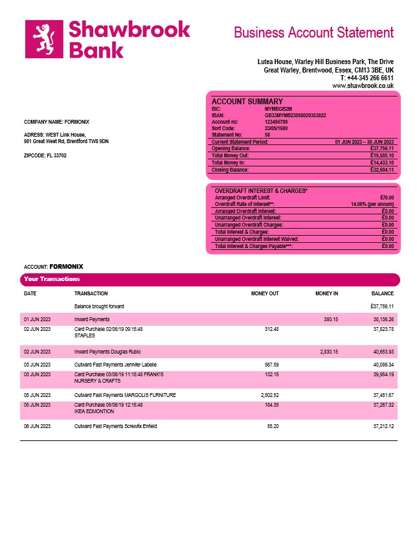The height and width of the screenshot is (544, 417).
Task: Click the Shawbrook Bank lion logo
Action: [43, 38]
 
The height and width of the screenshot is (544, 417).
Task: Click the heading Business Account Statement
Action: [313, 32]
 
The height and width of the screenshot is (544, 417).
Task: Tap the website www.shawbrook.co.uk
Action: [363, 85]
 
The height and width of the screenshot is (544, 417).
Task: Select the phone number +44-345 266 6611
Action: [366, 78]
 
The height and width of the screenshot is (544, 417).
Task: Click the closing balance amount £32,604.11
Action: [381, 170]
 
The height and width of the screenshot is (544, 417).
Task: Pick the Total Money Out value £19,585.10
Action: [381, 155]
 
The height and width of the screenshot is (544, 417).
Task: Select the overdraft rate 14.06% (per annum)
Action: [368, 204]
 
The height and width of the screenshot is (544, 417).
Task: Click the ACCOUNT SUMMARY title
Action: [247, 101]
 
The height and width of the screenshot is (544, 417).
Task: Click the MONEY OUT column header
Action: [265, 293]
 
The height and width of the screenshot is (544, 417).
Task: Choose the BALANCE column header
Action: [383, 293]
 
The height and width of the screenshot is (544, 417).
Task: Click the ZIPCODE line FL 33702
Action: [45, 155]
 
